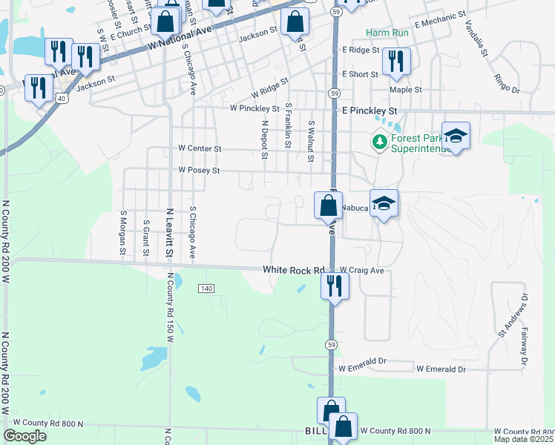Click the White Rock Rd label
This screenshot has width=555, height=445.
tap(295, 271)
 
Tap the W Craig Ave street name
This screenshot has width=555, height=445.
tap(361, 271)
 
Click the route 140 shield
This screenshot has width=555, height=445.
tap(206, 288)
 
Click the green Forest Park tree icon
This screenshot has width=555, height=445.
tap(380, 141)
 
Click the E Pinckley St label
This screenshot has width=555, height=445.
tap(370, 111)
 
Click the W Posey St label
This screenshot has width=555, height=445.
tap(200, 171)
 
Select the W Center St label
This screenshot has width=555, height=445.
tap(200, 148)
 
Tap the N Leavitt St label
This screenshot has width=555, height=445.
tap(169, 233)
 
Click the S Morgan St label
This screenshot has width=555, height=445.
tap(122, 234)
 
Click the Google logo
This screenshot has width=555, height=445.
tap(25, 436)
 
